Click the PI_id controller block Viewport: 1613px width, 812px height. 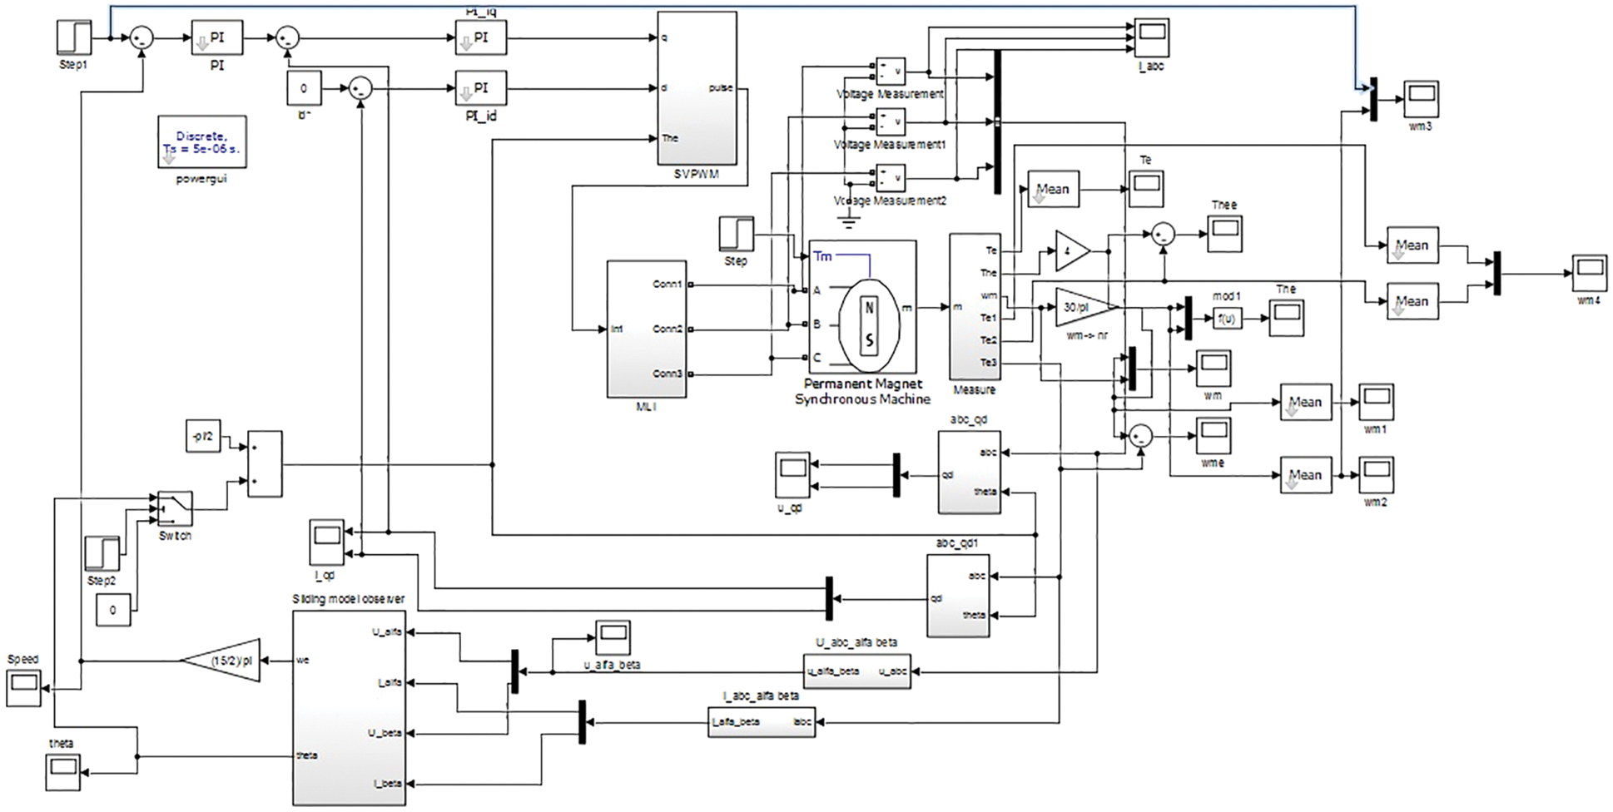coord(480,88)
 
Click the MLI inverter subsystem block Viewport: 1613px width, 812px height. coord(647,329)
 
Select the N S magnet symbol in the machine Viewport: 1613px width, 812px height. coord(869,324)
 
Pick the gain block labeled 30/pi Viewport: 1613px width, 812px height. coord(1082,307)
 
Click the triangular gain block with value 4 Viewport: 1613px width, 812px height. coord(1070,250)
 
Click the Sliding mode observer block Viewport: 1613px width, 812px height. coord(349,707)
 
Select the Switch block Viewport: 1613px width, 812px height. coord(175,507)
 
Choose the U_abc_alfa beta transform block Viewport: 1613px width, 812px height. coord(856,671)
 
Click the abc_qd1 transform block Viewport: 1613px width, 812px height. coord(958,596)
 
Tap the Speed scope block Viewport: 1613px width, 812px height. coord(23,689)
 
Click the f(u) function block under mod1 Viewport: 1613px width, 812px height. coord(1226,318)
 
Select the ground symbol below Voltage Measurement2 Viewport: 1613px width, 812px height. coord(848,222)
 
